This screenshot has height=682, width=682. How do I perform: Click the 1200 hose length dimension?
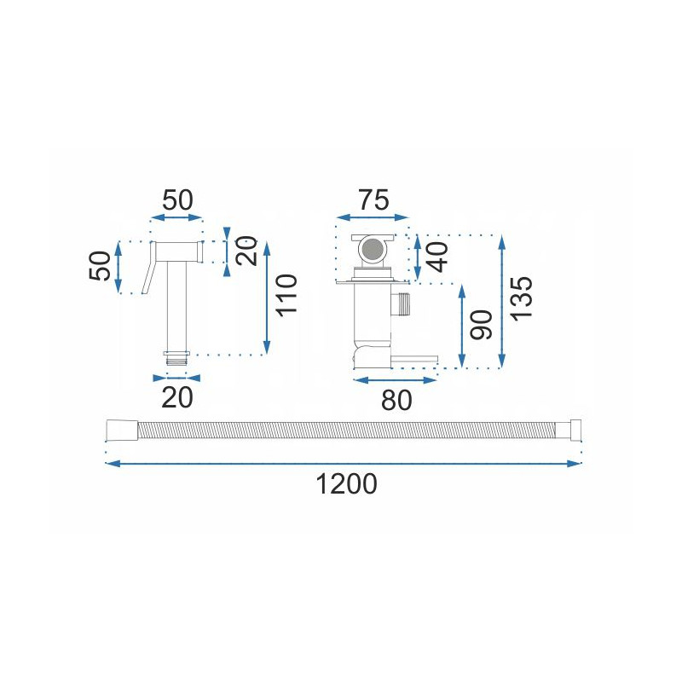(x=346, y=484)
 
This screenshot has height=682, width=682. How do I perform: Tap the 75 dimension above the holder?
(x=373, y=200)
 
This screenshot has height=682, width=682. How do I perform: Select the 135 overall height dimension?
(x=521, y=298)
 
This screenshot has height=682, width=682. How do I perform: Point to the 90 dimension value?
(x=481, y=325)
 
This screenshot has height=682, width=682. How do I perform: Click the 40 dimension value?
(x=437, y=257)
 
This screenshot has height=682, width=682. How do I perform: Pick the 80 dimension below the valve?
(x=396, y=400)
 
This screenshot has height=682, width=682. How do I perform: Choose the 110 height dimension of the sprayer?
(x=286, y=295)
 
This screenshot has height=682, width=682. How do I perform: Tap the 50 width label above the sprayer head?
(x=177, y=200)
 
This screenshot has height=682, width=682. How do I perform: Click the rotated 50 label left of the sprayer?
(x=100, y=266)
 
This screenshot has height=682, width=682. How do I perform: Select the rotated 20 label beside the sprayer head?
(x=246, y=251)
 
